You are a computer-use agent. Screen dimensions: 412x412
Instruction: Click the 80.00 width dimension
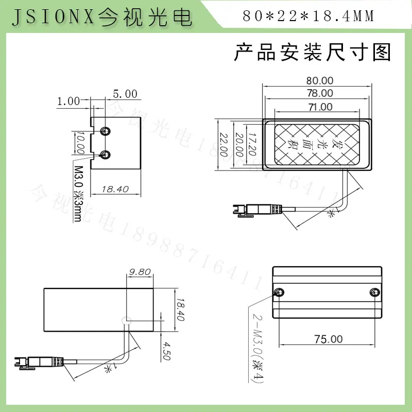[x=320, y=81]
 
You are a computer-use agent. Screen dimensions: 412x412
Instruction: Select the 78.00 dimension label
[x=320, y=94]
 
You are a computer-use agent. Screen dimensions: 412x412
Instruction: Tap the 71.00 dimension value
[x=320, y=107]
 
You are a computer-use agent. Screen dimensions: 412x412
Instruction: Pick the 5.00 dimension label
[x=125, y=94]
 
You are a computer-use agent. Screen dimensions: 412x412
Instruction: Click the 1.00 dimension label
[x=68, y=101]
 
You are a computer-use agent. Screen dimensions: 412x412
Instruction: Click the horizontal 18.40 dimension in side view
[x=115, y=189]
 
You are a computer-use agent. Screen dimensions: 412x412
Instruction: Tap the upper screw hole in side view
[x=106, y=130]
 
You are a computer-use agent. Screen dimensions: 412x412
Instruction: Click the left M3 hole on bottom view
[x=279, y=293]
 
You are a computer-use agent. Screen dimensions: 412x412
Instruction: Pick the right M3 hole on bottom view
[x=374, y=293]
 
